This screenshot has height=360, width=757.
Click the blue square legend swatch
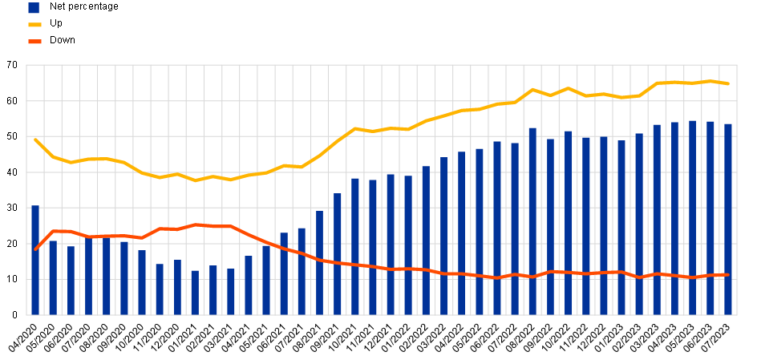tap(34, 8)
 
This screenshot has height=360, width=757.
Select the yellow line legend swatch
tap(34, 25)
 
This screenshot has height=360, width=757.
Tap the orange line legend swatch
tap(34, 42)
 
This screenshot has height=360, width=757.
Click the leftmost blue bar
tap(35, 260)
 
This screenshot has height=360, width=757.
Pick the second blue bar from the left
tap(53, 277)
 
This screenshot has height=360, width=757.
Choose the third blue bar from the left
tap(71, 280)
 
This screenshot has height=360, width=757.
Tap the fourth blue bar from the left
tap(88, 277)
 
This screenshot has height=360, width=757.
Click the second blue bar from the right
tap(710, 218)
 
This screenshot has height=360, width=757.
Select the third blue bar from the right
tap(693, 217)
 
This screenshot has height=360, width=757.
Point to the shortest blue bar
tap(195, 293)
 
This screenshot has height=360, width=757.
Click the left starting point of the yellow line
tap(35, 140)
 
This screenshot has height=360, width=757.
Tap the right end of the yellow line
tap(728, 83)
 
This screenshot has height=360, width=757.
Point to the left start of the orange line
tap(35, 249)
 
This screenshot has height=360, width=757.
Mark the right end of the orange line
tap(728, 275)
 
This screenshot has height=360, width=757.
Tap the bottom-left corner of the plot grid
tap(26, 315)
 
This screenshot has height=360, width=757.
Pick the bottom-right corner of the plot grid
tap(738, 315)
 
